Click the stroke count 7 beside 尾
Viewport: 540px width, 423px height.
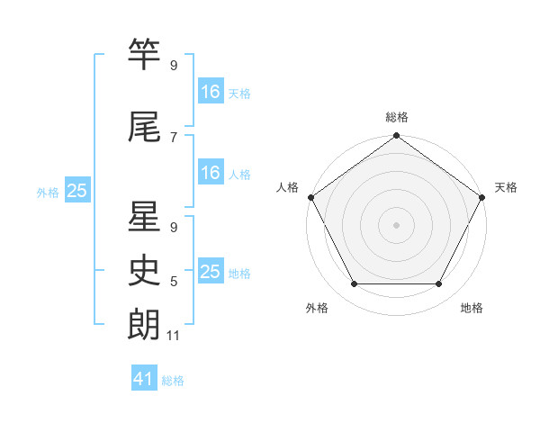point(173,137)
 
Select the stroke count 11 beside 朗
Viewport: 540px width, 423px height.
point(174,336)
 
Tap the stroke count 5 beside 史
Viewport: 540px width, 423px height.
point(173,282)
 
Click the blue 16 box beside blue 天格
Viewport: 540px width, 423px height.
point(211,92)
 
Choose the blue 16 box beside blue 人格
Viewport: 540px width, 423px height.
point(211,173)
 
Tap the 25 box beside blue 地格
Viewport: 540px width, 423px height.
point(211,272)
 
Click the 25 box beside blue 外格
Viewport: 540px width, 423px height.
point(76,191)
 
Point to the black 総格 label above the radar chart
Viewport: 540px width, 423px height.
point(397,117)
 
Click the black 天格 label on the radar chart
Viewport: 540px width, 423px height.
point(506,187)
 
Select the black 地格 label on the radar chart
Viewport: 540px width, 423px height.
point(472,308)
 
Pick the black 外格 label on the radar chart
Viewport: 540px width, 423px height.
point(317,308)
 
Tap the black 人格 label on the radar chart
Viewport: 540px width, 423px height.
point(287,187)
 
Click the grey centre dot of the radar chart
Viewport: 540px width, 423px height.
point(397,224)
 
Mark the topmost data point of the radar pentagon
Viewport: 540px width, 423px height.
point(397,137)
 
